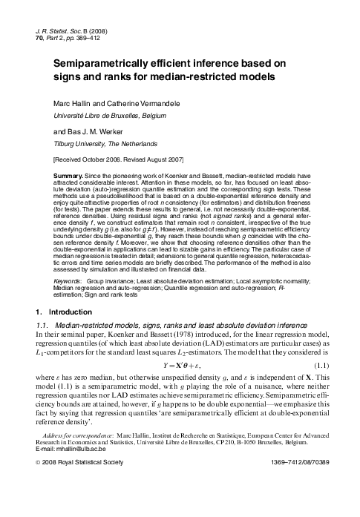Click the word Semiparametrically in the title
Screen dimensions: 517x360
(x=106, y=65)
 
